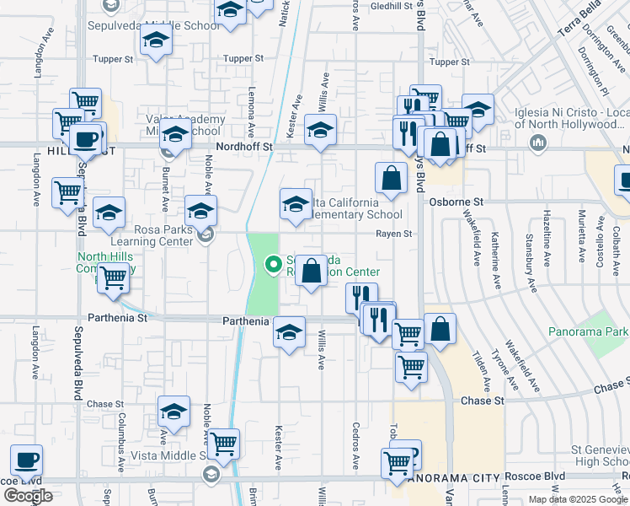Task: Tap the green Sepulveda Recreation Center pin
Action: tap(273, 265)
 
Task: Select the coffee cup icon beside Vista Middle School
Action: tap(27, 460)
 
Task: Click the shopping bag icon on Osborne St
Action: tap(392, 178)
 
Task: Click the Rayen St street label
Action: tap(394, 234)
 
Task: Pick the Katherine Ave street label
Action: tap(497, 256)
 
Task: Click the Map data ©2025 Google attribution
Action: tap(579, 499)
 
